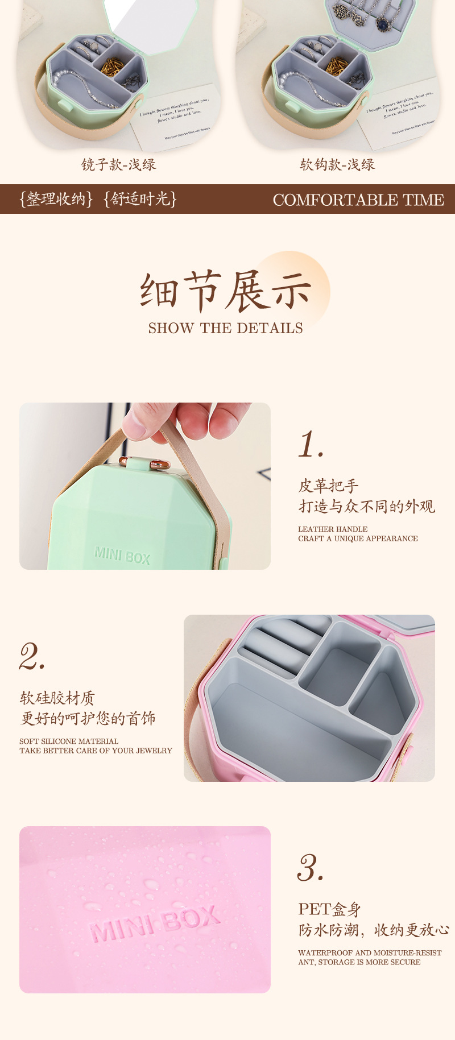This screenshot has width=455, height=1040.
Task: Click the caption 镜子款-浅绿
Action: (x=118, y=165)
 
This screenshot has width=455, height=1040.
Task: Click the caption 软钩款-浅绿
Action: (x=337, y=165)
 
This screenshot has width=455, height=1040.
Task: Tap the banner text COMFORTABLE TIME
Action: (x=358, y=200)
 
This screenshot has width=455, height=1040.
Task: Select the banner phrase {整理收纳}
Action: (x=55, y=199)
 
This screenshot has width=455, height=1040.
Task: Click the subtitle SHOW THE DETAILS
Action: (x=226, y=328)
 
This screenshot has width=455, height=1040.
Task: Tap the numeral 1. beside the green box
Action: (x=311, y=445)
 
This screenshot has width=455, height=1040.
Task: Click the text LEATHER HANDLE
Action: (x=333, y=529)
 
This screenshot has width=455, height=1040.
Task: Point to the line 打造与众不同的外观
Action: (x=367, y=506)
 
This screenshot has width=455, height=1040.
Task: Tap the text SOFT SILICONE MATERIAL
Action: (x=69, y=741)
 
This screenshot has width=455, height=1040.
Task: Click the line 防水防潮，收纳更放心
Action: (x=374, y=930)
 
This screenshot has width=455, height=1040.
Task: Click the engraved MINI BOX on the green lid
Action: (x=122, y=555)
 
